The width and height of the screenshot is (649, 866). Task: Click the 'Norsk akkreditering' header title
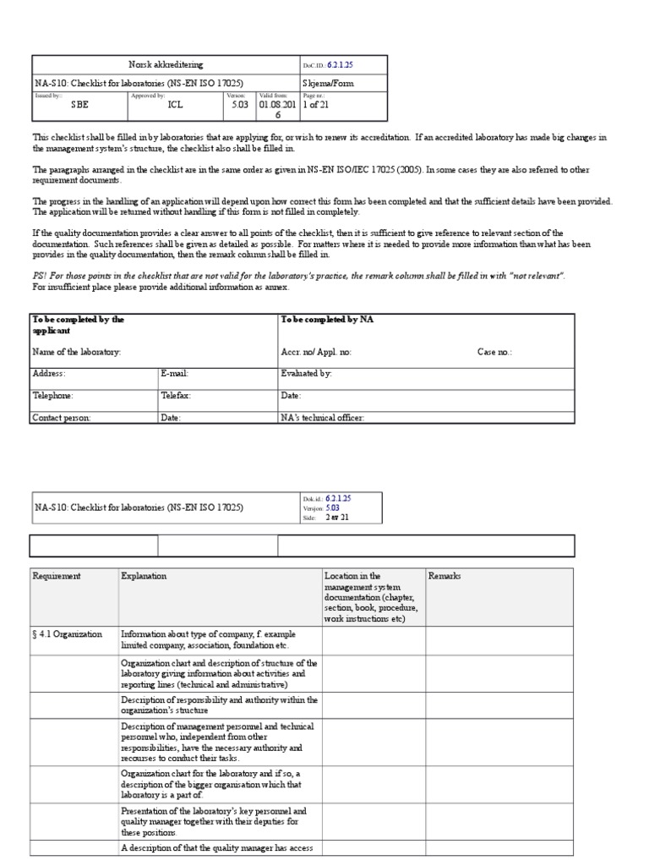pyautogui.click(x=165, y=65)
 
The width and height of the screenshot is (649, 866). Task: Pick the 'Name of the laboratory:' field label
pyautogui.click(x=77, y=351)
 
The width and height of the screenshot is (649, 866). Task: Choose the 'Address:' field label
pyautogui.click(x=49, y=373)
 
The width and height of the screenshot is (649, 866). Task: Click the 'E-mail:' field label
pyautogui.click(x=175, y=373)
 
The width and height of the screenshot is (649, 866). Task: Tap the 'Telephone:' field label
pyautogui.click(x=53, y=395)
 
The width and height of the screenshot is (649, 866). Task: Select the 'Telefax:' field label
pyautogui.click(x=176, y=395)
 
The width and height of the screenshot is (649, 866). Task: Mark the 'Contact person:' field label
pyautogui.click(x=62, y=417)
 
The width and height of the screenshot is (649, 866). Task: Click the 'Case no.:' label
pyautogui.click(x=494, y=351)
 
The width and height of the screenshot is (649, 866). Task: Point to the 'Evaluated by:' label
pyautogui.click(x=307, y=373)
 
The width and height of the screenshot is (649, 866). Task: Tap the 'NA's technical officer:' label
pyautogui.click(x=323, y=417)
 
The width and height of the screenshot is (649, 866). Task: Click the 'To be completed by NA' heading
pyautogui.click(x=326, y=320)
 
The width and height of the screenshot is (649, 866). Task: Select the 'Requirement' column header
pyautogui.click(x=57, y=576)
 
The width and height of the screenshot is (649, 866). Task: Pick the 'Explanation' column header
pyautogui.click(x=144, y=576)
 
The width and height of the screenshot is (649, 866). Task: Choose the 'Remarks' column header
pyautogui.click(x=445, y=576)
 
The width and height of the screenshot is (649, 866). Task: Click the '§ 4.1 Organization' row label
pyautogui.click(x=68, y=633)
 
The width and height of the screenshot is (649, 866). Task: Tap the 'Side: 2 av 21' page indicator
pyautogui.click(x=325, y=518)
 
